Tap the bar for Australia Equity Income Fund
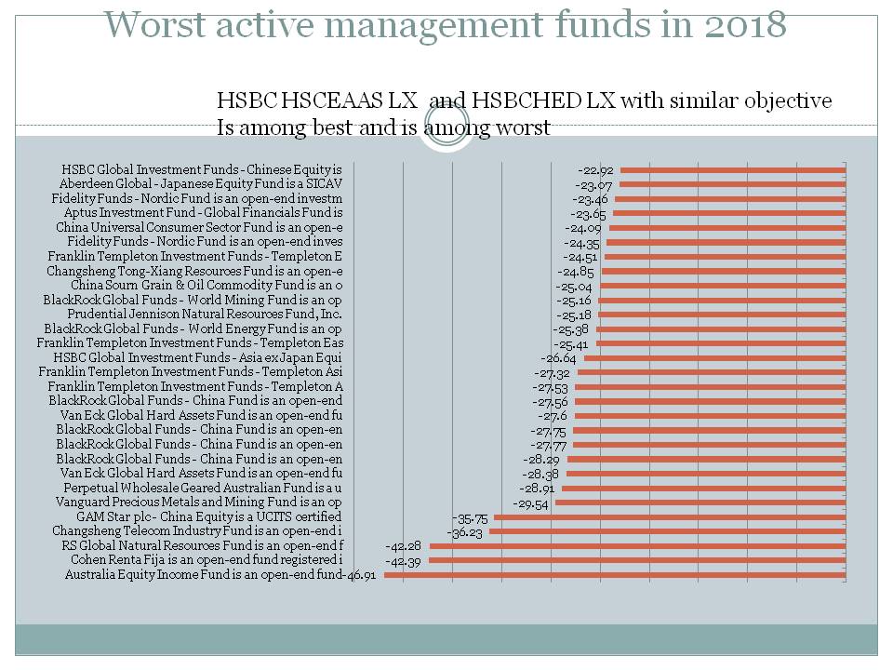[614, 575]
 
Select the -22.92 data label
[595, 170]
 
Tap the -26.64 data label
[559, 358]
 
